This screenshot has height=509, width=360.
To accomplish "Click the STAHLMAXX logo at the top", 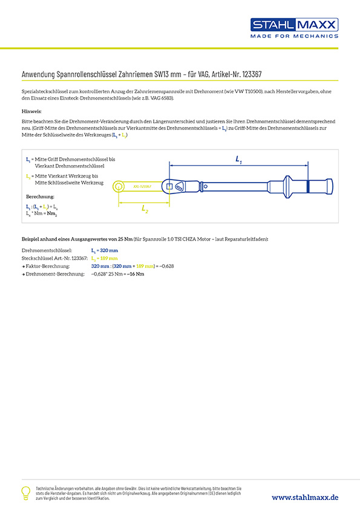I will coord(294,25).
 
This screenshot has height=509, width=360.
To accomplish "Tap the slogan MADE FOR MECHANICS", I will coord(294,36).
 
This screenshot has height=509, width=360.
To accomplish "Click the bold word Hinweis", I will coord(31,112).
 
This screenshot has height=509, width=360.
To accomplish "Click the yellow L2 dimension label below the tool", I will coord(145,209).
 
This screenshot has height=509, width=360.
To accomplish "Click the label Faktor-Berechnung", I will coord(48,266).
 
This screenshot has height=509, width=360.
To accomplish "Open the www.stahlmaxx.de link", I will coord(304,496).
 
